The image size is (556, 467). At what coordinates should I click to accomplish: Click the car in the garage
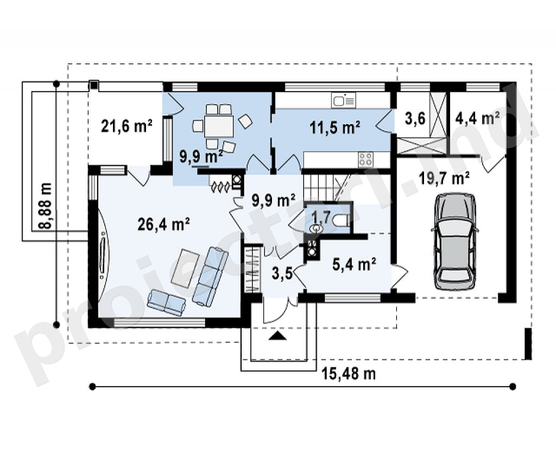point(454,242)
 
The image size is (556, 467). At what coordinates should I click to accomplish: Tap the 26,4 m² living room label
point(163,224)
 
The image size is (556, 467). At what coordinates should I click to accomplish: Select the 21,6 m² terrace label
point(127,126)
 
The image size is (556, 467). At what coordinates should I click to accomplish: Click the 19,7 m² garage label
point(444,178)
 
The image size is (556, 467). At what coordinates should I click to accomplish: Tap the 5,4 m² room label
point(354,264)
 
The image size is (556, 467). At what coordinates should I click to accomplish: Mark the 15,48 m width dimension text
point(349,374)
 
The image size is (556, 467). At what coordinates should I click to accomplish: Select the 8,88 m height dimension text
point(46,206)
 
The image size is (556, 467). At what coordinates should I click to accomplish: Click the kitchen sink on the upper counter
point(343,100)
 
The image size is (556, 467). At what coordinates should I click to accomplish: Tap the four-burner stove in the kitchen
point(365,159)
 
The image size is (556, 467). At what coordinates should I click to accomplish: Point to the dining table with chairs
point(219,126)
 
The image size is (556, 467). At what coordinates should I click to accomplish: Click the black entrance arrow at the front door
point(277,336)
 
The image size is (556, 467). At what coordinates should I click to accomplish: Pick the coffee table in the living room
point(185,268)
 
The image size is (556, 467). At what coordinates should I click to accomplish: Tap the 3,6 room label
point(415,118)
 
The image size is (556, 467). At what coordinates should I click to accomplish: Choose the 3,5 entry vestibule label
point(282,273)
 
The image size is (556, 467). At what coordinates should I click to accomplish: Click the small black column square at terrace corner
point(93,85)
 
